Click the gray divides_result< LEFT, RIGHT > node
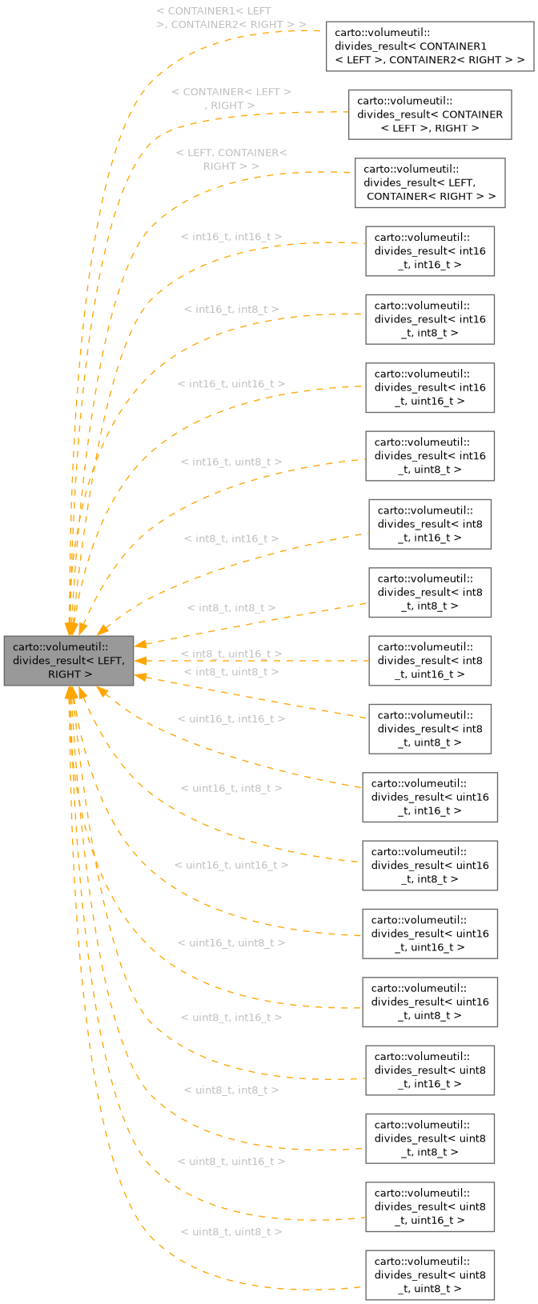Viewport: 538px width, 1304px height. pyautogui.click(x=69, y=661)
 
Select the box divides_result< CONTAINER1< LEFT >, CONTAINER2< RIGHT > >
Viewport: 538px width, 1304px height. pyautogui.click(x=430, y=46)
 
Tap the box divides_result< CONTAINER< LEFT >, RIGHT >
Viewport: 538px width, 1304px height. pyautogui.click(x=430, y=114)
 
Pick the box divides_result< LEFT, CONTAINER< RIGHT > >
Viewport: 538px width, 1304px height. pyautogui.click(x=430, y=182)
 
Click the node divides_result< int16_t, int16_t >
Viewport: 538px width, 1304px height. pyautogui.click(x=430, y=251)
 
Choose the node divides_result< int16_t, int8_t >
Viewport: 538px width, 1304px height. pyautogui.click(x=430, y=319)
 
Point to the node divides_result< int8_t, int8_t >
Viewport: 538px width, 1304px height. pyautogui.click(x=430, y=592)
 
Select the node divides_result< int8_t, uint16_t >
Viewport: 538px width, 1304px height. pyautogui.click(x=430, y=661)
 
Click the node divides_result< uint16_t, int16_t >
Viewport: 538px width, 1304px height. pyautogui.click(x=430, y=797)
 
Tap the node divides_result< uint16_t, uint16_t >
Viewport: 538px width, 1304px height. pyautogui.click(x=430, y=934)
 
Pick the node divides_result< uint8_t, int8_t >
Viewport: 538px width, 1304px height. pyautogui.click(x=430, y=1138)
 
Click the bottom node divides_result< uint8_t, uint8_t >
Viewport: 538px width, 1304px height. pyautogui.click(x=430, y=1274)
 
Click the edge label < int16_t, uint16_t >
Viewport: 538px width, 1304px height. pyautogui.click(x=231, y=385)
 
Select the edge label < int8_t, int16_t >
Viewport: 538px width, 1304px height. pyautogui.click(x=231, y=539)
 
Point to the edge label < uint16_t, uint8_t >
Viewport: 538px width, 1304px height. pyautogui.click(x=231, y=943)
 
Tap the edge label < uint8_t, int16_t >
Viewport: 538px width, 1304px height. pyautogui.click(x=231, y=1018)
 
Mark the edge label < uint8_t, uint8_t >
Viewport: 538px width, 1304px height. pyautogui.click(x=231, y=1232)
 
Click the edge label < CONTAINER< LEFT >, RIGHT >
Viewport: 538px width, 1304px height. pyautogui.click(x=231, y=98)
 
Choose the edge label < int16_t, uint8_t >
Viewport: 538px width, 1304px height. pyautogui.click(x=231, y=462)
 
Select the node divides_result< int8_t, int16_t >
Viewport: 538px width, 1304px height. pyautogui.click(x=430, y=524)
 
